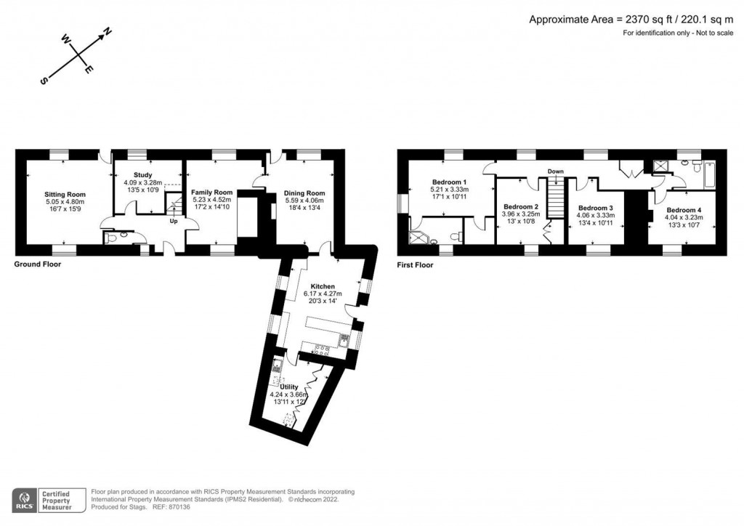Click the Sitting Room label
pyautogui.click(x=65, y=194)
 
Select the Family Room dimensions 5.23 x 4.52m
pyautogui.click(x=211, y=200)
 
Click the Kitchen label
pyautogui.click(x=322, y=286)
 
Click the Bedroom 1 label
pyautogui.click(x=449, y=182)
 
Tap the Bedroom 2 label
pyautogui.click(x=520, y=207)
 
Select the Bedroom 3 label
pyautogui.click(x=595, y=207)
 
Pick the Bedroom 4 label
pyautogui.click(x=684, y=210)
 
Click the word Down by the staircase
pyautogui.click(x=556, y=171)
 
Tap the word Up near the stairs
pyautogui.click(x=174, y=221)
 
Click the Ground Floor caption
pyautogui.click(x=38, y=264)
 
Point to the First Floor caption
pyautogui.click(x=416, y=265)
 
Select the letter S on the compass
pyautogui.click(x=43, y=81)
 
